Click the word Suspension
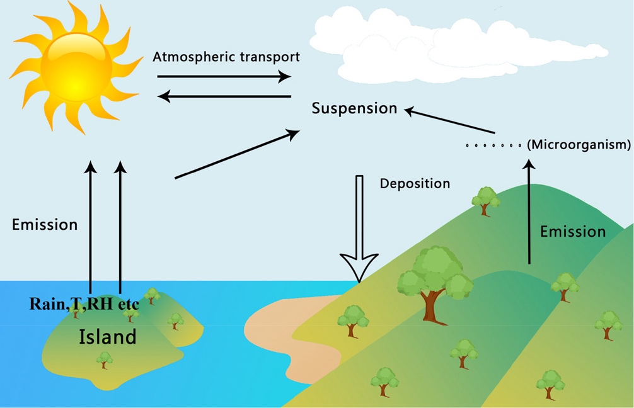coord(355,108)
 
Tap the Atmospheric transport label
coord(226,57)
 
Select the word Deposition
coord(415,184)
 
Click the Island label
coord(107,337)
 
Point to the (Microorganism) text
coord(579,145)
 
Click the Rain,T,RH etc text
coord(84,303)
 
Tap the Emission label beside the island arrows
coord(45,224)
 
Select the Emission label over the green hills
coord(573,232)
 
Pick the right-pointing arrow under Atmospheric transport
coord(224,76)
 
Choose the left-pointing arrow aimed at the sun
coord(224,96)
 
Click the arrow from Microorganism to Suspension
coord(450,121)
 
